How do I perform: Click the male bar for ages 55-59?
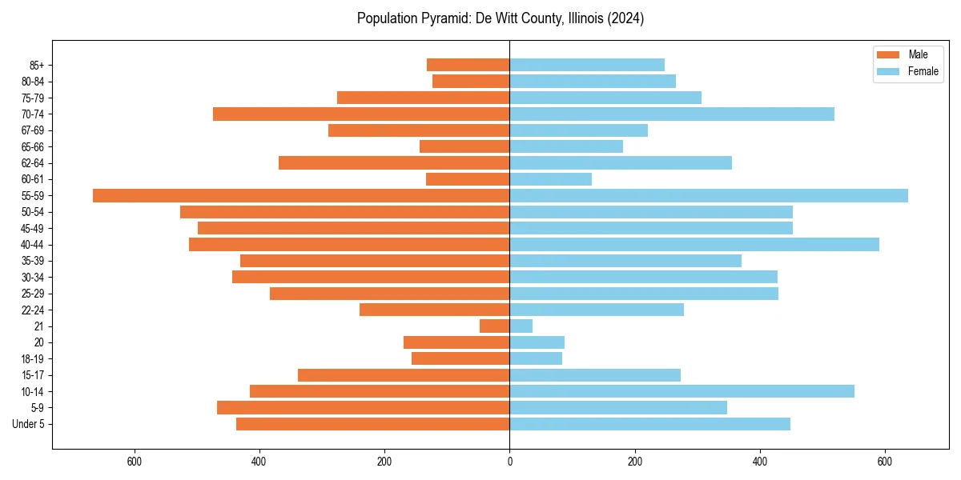coord(301,195)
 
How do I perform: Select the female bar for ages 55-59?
coord(709,195)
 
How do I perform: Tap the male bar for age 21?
coord(494,326)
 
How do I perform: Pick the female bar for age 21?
coord(521,326)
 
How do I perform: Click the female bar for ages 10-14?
coord(682,391)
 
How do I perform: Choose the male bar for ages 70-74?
coord(361,114)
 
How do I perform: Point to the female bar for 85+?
coord(587,65)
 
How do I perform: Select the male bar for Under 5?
coord(373,424)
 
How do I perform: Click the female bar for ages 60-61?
coord(551,179)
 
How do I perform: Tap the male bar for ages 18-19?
coord(460,358)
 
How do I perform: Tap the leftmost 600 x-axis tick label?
coord(134,462)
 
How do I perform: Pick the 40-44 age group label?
coord(32,245)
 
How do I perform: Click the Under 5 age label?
coord(28,424)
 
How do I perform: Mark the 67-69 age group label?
coord(32,130)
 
